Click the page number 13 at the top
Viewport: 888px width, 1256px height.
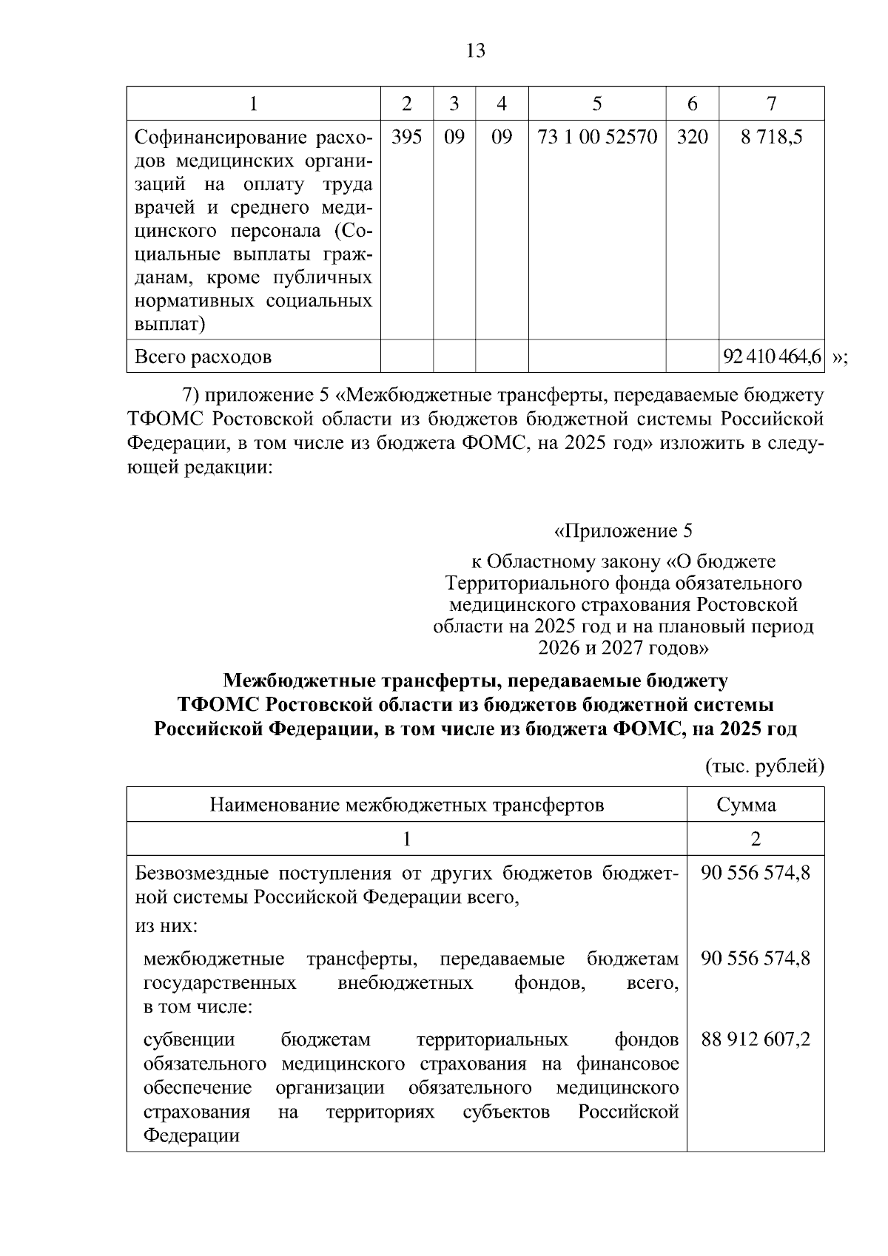click(x=476, y=50)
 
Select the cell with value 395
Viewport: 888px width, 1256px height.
click(x=406, y=137)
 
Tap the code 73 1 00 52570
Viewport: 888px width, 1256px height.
click(x=596, y=137)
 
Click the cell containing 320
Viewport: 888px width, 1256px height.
click(x=692, y=137)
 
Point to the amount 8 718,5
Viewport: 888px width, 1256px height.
click(x=771, y=137)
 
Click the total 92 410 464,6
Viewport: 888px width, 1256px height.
click(x=772, y=357)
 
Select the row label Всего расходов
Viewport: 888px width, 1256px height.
click(x=203, y=357)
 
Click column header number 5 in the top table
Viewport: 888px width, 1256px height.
click(x=596, y=104)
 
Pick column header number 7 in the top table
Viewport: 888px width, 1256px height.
click(x=771, y=104)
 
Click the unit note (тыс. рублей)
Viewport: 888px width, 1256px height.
click(x=764, y=766)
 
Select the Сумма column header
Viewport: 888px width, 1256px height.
click(x=756, y=804)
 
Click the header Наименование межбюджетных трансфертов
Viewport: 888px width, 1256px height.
click(x=406, y=804)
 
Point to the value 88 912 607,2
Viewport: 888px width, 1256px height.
click(x=756, y=1039)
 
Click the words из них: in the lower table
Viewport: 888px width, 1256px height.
click(x=166, y=925)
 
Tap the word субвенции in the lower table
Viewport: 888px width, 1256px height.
click(x=189, y=1039)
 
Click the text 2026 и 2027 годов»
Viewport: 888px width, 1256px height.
click(x=623, y=648)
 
